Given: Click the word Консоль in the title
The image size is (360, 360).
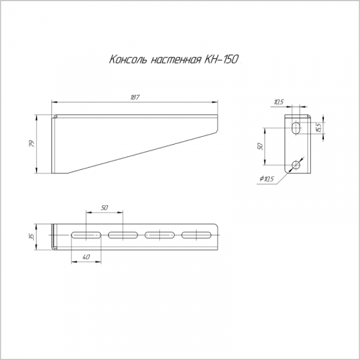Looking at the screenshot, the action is (x=127, y=59).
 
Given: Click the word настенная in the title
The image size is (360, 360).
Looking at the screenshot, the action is (x=176, y=60).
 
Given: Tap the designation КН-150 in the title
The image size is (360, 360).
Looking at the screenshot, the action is (x=221, y=59).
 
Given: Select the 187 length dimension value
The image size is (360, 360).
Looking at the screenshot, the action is (x=135, y=97).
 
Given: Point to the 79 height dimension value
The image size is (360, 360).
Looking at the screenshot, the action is (x=32, y=143).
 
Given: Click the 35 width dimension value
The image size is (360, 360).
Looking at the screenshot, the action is (x=32, y=237).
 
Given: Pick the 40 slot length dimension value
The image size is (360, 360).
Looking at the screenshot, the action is (x=86, y=257).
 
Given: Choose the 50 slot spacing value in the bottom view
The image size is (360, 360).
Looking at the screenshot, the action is (x=104, y=207).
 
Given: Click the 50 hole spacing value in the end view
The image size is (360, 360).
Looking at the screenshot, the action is (x=261, y=146).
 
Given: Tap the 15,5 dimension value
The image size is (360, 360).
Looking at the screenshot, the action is (x=318, y=127).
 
